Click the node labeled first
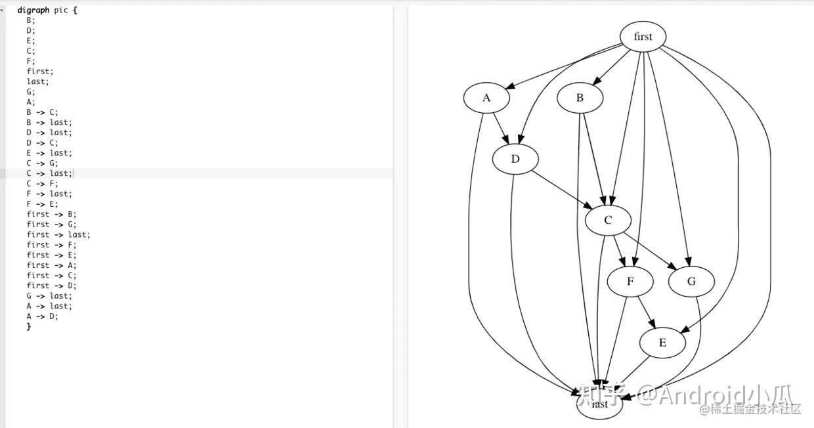(x=643, y=37)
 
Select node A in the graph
(x=486, y=98)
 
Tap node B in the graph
(x=580, y=98)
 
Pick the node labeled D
(x=515, y=159)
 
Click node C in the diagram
(x=608, y=221)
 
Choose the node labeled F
(x=630, y=282)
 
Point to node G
(x=691, y=282)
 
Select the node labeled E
(x=662, y=343)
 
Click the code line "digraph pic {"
(x=47, y=11)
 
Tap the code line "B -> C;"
(x=42, y=112)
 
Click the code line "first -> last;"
(x=58, y=234)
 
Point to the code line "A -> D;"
(x=42, y=316)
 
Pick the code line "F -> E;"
(x=42, y=203)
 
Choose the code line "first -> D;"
(x=52, y=286)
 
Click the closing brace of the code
(x=29, y=326)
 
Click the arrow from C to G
(x=649, y=251)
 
